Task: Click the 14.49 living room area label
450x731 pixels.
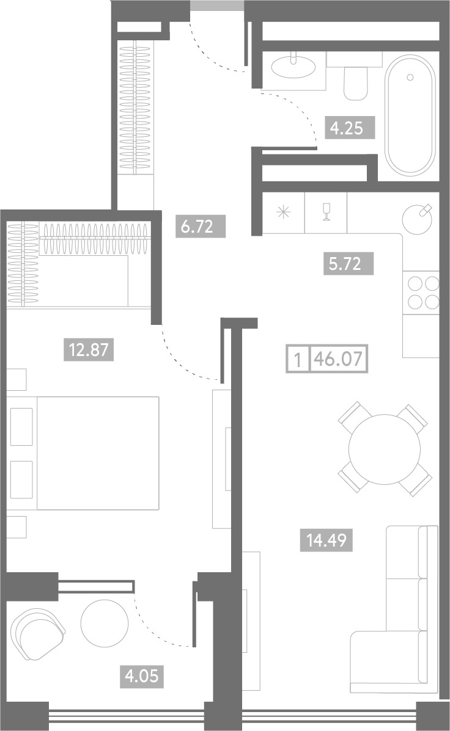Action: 326,540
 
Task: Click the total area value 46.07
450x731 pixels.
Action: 339,359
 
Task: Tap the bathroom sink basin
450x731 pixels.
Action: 293,66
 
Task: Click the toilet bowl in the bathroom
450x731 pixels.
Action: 356,82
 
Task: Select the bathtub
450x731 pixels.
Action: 411,115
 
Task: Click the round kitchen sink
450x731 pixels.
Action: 418,219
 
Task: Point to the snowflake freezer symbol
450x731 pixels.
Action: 283,213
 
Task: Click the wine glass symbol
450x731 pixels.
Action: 326,213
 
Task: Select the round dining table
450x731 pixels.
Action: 384,448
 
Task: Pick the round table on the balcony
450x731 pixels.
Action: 105,623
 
